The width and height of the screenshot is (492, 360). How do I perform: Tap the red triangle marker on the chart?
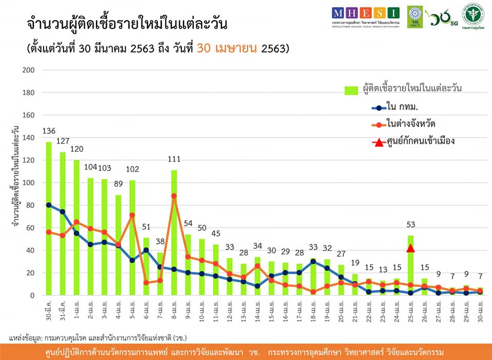click(x=411, y=248)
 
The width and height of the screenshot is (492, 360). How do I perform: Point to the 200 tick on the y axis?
click(x=28, y=70)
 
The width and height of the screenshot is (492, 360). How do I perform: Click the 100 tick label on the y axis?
click(x=28, y=183)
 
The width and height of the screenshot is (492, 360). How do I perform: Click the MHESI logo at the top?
click(x=364, y=12)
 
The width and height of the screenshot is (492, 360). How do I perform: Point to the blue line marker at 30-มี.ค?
click(x=49, y=205)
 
